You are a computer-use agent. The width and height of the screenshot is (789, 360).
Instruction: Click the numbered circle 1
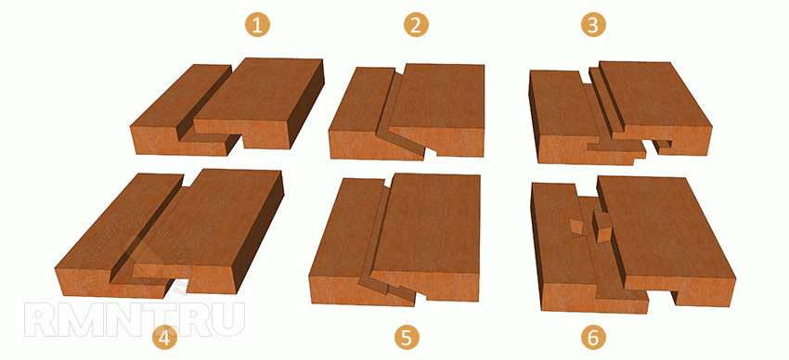(x=258, y=25)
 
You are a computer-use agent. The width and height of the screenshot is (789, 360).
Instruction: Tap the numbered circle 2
(x=416, y=25)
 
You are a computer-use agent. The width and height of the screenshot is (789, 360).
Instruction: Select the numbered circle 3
(x=594, y=25)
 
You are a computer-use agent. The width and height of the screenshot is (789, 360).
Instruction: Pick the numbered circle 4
(x=165, y=340)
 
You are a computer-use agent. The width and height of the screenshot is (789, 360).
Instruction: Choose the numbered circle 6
(x=594, y=339)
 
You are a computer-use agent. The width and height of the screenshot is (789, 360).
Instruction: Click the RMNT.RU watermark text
(x=135, y=320)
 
